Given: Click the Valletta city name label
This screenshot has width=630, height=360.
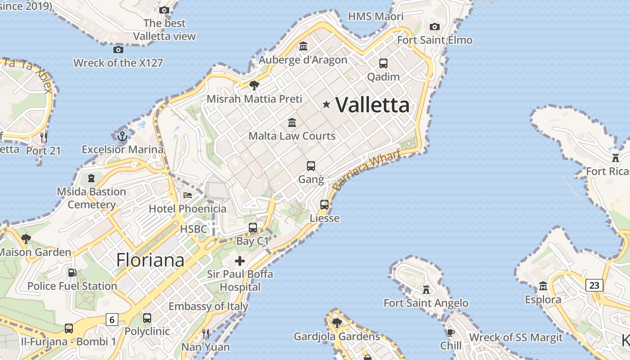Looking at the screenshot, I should click(x=373, y=105).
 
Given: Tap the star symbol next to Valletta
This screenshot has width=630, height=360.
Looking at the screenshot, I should click(x=326, y=104).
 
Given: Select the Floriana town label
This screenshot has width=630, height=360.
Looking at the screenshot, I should click(x=150, y=260).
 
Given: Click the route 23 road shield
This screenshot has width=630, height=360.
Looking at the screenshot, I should click(x=594, y=285).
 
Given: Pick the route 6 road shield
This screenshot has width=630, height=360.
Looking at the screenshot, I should click(x=112, y=319).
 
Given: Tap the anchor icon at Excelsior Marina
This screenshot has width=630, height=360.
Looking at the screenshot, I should click(x=122, y=136).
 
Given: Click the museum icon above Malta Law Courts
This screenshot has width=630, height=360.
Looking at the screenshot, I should click(x=292, y=122).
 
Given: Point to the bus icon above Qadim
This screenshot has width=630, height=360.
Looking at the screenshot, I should click(x=383, y=63).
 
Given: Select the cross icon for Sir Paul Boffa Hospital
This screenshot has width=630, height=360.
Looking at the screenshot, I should click(x=240, y=261).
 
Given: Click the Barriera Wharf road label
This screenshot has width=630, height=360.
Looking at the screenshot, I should click(x=366, y=170).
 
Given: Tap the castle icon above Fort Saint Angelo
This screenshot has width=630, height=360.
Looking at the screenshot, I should click(x=426, y=289).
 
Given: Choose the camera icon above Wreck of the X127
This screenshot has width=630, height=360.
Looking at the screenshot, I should click(x=118, y=49).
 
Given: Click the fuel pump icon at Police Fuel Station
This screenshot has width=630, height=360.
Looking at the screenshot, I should click(x=72, y=272).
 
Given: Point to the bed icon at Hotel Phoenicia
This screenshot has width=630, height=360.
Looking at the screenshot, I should click(x=188, y=195).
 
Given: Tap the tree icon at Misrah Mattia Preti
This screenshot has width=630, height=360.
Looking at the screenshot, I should click(x=254, y=85).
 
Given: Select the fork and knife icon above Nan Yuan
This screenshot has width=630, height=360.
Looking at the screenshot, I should click(x=205, y=333).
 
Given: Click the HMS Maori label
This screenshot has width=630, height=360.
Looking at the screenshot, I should click(x=376, y=17).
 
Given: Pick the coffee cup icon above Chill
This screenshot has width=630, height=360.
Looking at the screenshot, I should click(x=450, y=333).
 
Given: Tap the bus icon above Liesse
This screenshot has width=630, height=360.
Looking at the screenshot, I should click(x=324, y=205).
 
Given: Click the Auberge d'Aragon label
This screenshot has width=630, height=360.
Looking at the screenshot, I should click(x=303, y=60).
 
